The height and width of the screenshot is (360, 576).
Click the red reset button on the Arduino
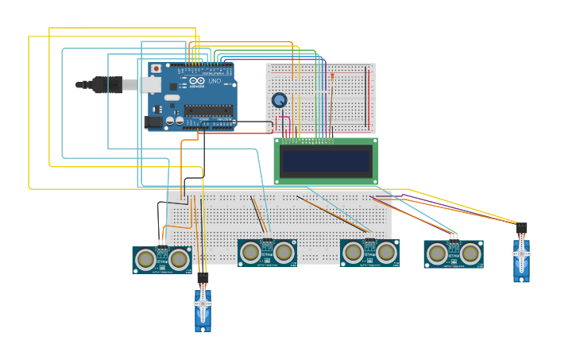point(157,69)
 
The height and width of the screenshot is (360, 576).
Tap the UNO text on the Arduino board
point(215,81)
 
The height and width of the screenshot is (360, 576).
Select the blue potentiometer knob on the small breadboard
point(279,100)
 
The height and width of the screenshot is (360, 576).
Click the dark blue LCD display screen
point(326,162)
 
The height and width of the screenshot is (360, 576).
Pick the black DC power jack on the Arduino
point(153,122)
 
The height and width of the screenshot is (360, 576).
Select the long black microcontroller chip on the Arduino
point(208,110)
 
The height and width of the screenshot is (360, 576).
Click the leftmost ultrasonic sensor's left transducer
point(145,259)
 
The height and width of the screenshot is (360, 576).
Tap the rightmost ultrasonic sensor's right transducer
point(470,254)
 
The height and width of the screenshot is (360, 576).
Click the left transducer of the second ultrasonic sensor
point(250,253)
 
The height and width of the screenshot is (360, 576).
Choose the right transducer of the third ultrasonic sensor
point(386,253)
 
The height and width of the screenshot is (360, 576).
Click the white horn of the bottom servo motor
point(203,304)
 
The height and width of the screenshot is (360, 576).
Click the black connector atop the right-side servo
point(521,228)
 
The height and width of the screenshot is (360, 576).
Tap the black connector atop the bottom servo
point(203,278)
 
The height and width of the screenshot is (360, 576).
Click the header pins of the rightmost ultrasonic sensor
point(454,236)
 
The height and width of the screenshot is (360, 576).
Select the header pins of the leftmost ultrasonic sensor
point(162,243)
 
